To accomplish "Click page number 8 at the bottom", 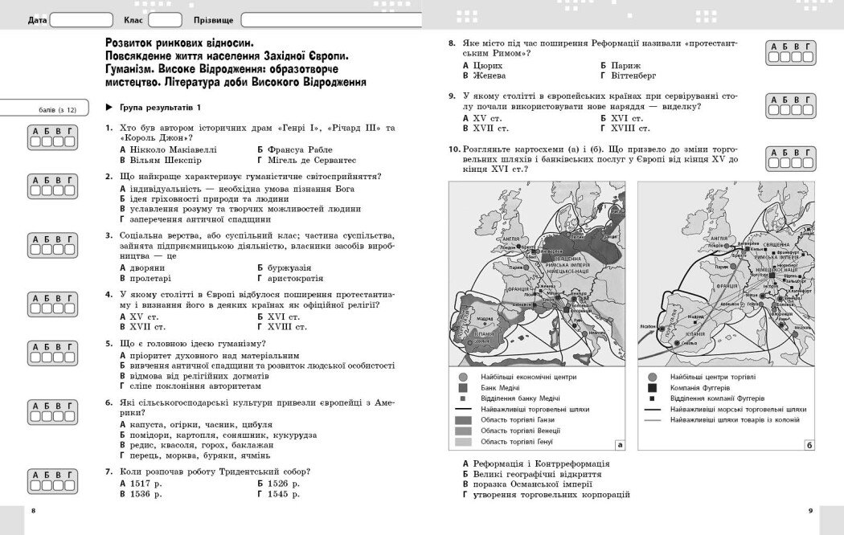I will pyautogui.click(x=33, y=511).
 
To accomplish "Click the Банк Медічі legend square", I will pyautogui.click(x=462, y=388).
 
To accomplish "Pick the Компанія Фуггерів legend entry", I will pyautogui.click(x=652, y=387).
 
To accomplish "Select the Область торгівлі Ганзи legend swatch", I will pyautogui.click(x=462, y=419).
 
